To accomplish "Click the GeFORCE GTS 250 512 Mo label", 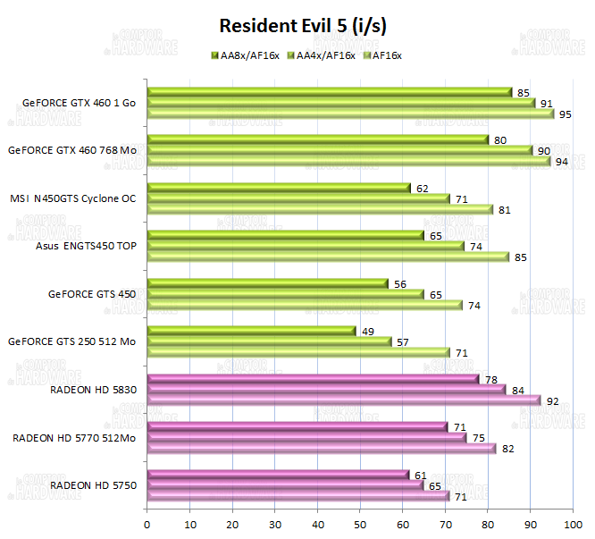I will [x=72, y=341].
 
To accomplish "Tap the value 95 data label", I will [x=566, y=114].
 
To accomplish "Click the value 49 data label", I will [x=368, y=331].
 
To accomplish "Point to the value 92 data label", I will [x=552, y=401].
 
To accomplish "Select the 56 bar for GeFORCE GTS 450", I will [x=267, y=283].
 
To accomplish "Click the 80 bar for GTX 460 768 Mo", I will [x=318, y=139].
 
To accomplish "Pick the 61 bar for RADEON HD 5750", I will [x=278, y=475].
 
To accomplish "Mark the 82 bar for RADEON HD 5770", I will [x=322, y=449].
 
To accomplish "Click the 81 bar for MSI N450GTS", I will [x=320, y=209].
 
